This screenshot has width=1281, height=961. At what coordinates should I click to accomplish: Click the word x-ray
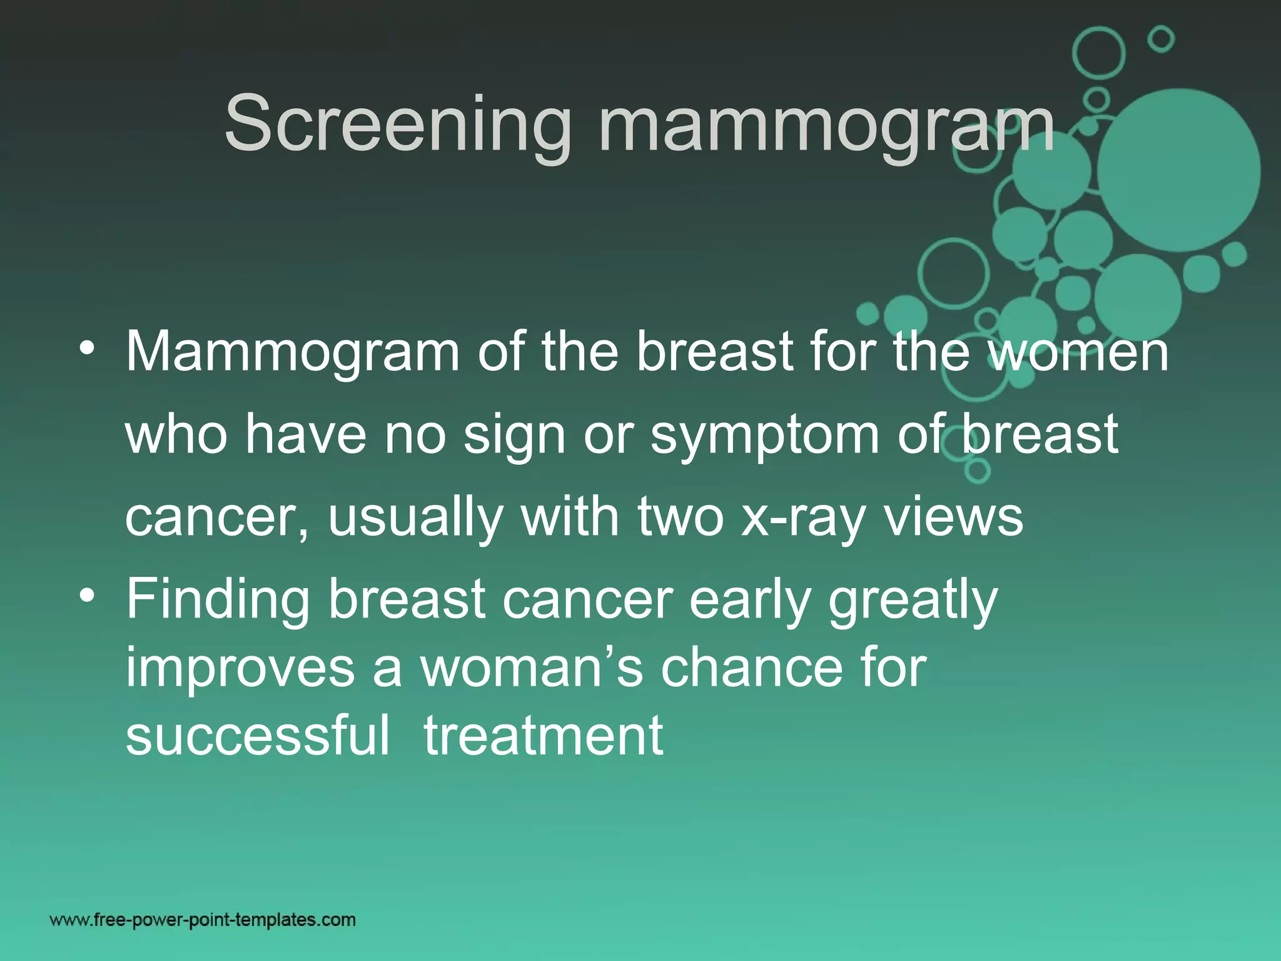coord(803,519)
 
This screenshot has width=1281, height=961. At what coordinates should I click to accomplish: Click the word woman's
coord(532,668)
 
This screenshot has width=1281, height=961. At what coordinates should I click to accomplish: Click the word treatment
coord(543,737)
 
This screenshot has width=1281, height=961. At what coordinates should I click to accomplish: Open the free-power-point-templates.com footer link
coord(203,920)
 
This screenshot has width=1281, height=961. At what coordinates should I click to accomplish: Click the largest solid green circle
coord(1178,170)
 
